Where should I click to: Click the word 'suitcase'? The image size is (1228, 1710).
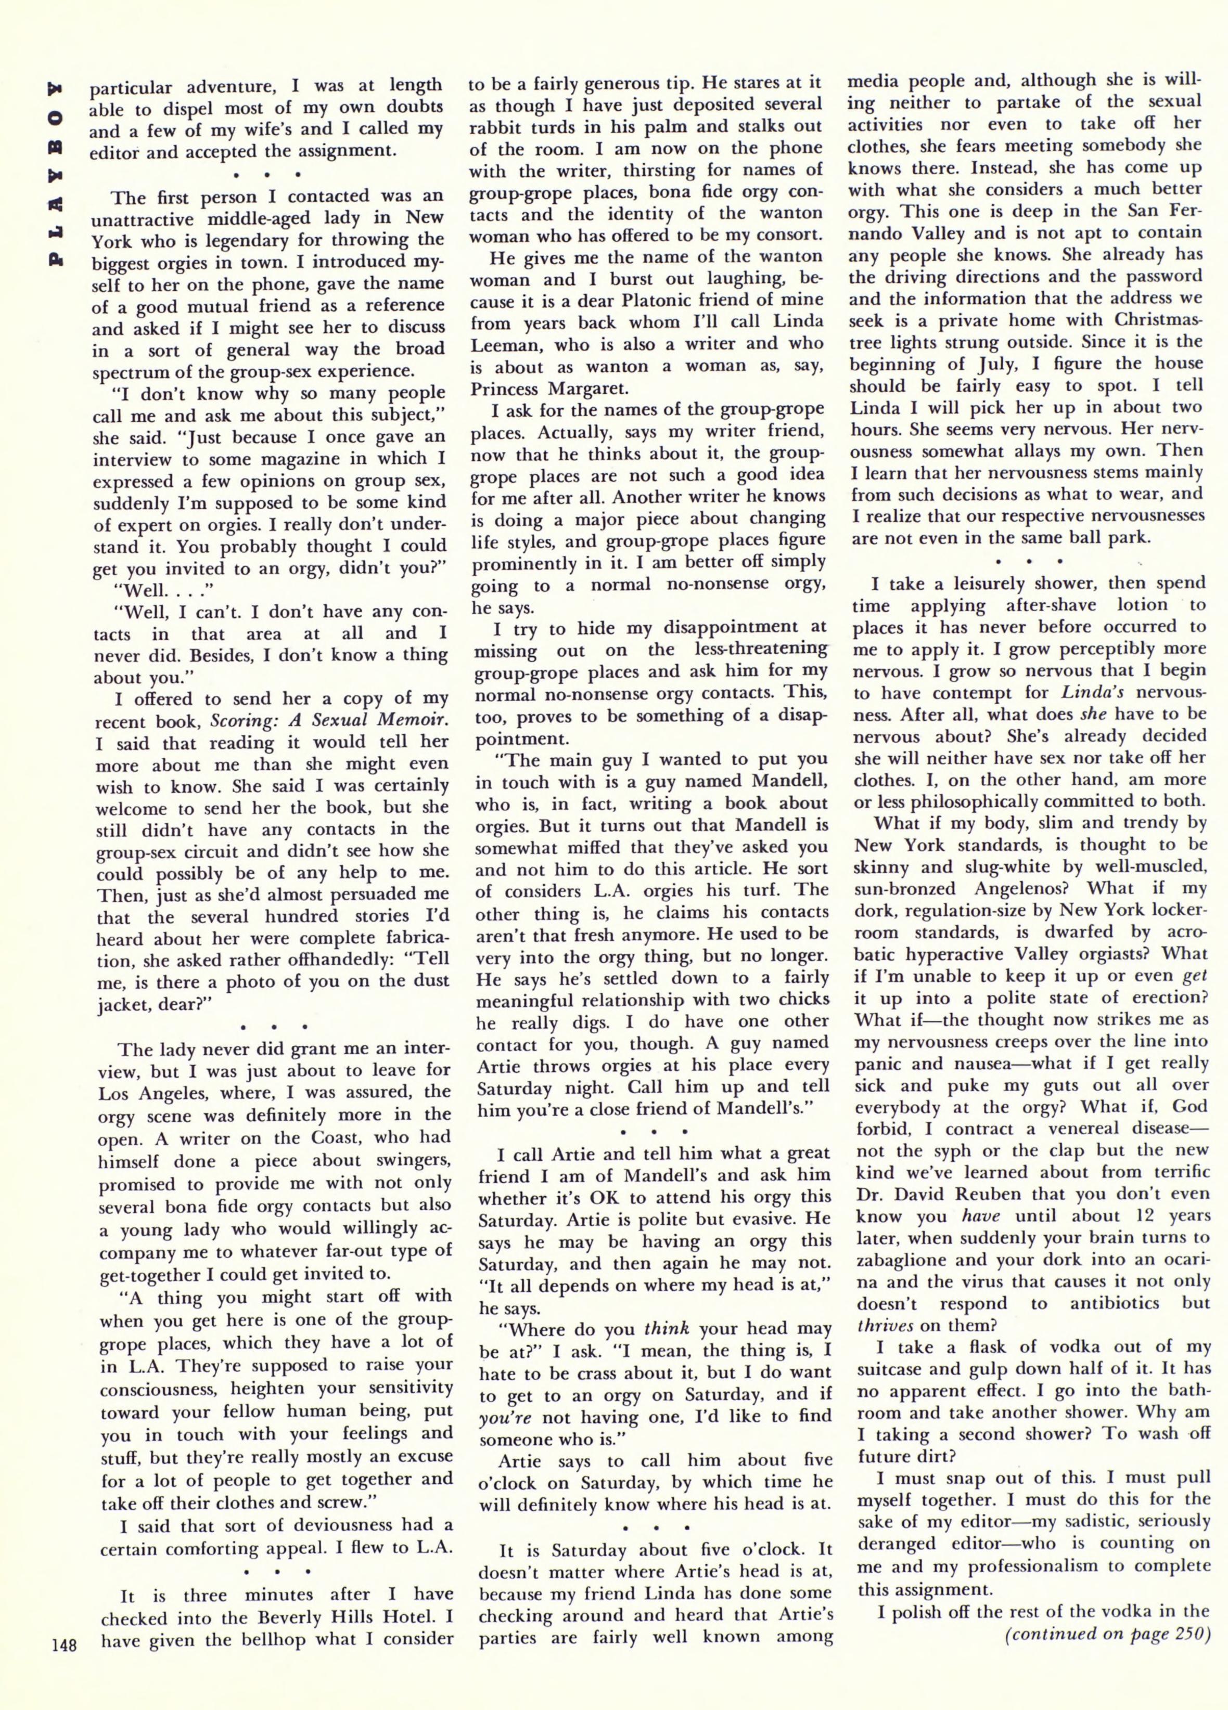896,1370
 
